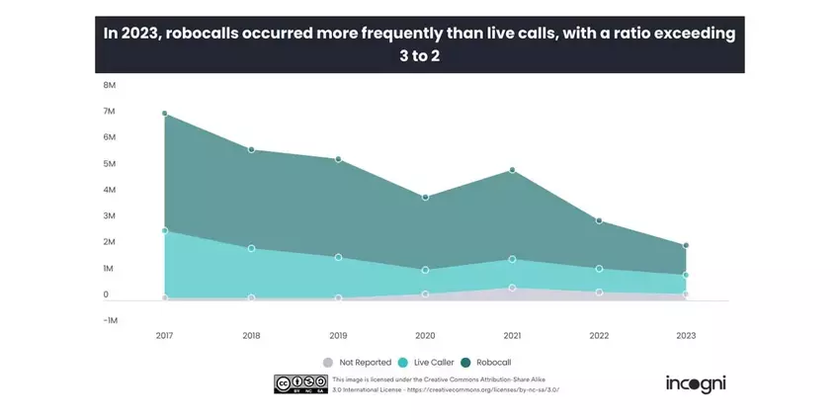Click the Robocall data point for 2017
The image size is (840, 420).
point(164,114)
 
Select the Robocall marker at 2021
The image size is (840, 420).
point(512,170)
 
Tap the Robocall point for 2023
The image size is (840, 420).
point(686,245)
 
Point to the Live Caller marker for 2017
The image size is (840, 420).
point(164,230)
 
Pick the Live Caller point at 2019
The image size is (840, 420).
point(338,257)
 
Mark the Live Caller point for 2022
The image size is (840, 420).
point(599,268)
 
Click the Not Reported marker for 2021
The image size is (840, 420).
point(512,288)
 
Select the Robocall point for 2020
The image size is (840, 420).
point(425,197)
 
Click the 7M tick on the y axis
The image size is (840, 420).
point(110,111)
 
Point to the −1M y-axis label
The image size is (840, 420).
point(107,320)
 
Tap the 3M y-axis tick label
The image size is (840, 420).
point(110,215)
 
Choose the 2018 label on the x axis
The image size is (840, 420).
point(251,336)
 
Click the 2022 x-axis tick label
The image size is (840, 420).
point(599,336)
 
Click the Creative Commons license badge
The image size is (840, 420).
point(300,384)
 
